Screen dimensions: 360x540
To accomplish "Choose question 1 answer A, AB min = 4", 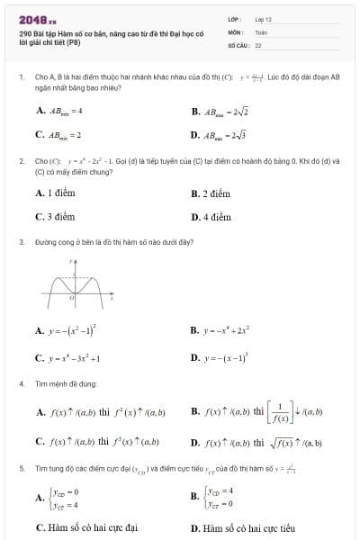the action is pos(60,111).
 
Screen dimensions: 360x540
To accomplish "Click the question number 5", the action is pos(21,469).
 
